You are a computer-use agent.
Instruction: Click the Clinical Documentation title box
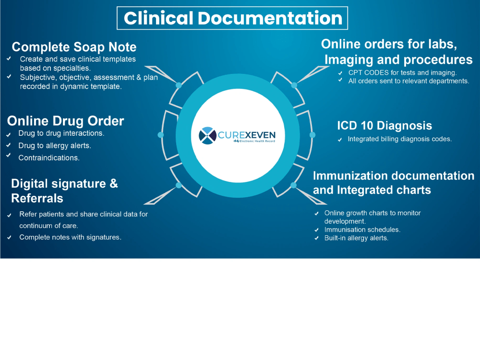click(x=232, y=18)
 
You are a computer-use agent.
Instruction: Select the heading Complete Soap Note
click(x=74, y=47)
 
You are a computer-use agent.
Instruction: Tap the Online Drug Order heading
click(x=65, y=121)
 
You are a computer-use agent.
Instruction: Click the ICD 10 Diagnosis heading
click(x=384, y=125)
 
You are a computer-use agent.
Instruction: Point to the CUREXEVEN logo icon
click(x=207, y=135)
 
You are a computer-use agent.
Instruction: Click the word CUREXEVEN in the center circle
click(x=246, y=135)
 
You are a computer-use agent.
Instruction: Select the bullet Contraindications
click(x=49, y=157)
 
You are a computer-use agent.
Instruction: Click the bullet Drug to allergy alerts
click(x=55, y=145)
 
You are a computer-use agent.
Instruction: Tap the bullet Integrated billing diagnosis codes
click(x=399, y=139)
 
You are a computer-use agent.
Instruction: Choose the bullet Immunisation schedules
click(x=362, y=229)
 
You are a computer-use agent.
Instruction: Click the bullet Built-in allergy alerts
click(x=356, y=238)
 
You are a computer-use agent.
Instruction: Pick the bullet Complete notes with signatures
click(x=71, y=237)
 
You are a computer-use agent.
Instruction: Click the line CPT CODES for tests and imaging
click(x=402, y=72)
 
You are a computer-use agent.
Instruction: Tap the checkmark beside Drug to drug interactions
click(x=9, y=134)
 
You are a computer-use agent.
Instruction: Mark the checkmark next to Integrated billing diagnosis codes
click(x=340, y=140)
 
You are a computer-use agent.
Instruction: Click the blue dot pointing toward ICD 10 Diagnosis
click(x=312, y=135)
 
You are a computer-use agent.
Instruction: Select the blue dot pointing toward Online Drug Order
click(x=160, y=135)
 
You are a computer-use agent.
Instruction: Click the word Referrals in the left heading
click(x=37, y=198)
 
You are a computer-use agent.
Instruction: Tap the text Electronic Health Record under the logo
click(x=257, y=141)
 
